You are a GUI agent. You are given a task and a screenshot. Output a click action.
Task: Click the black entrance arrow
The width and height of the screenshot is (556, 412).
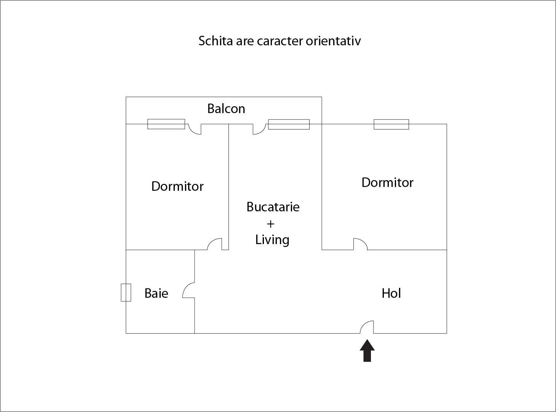(367, 351)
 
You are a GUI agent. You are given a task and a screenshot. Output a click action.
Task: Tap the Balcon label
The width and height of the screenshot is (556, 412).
(226, 109)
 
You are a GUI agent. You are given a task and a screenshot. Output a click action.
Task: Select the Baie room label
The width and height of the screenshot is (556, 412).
(156, 293)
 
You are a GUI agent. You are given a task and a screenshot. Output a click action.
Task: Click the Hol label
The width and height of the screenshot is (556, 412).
(391, 293)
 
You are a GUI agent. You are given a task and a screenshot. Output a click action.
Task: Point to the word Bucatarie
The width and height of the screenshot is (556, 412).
(273, 207)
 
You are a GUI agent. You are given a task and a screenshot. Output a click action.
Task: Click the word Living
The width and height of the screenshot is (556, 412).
(272, 240)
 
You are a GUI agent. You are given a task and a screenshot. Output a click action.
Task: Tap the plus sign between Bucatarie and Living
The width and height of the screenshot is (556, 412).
(270, 224)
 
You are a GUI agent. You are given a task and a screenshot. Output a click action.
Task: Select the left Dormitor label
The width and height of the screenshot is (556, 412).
(177, 186)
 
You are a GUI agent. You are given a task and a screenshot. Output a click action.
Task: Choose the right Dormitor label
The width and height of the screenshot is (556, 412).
(387, 182)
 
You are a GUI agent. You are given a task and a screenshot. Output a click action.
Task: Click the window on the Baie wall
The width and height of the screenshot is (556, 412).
(126, 292)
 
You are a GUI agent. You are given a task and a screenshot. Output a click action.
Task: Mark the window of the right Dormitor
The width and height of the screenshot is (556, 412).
(391, 124)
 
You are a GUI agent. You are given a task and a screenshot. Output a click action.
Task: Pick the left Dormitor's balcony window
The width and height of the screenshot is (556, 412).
(166, 124)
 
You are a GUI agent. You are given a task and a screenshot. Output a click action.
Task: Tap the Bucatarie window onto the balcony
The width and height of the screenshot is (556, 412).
(289, 124)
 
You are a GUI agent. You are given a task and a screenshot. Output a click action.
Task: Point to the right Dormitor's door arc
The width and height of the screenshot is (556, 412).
(360, 244)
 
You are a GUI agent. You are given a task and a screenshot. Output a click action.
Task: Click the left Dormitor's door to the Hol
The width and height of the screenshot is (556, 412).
(215, 244)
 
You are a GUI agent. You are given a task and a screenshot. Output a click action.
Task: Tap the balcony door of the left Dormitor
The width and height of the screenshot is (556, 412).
(195, 129)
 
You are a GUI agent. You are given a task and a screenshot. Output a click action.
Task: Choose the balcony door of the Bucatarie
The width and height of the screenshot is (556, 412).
(259, 129)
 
